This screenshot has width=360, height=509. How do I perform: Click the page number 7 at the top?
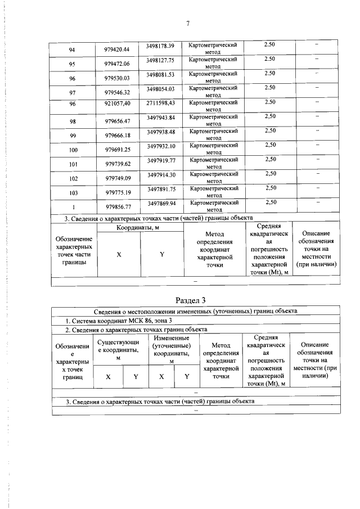coord(188,23)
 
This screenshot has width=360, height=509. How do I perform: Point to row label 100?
coord(72,151)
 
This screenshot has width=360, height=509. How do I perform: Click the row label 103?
coord(72,193)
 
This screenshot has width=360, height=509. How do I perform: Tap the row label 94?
coord(72,49)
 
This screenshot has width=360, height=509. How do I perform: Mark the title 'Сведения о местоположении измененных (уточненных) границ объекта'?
coord(195,310)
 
